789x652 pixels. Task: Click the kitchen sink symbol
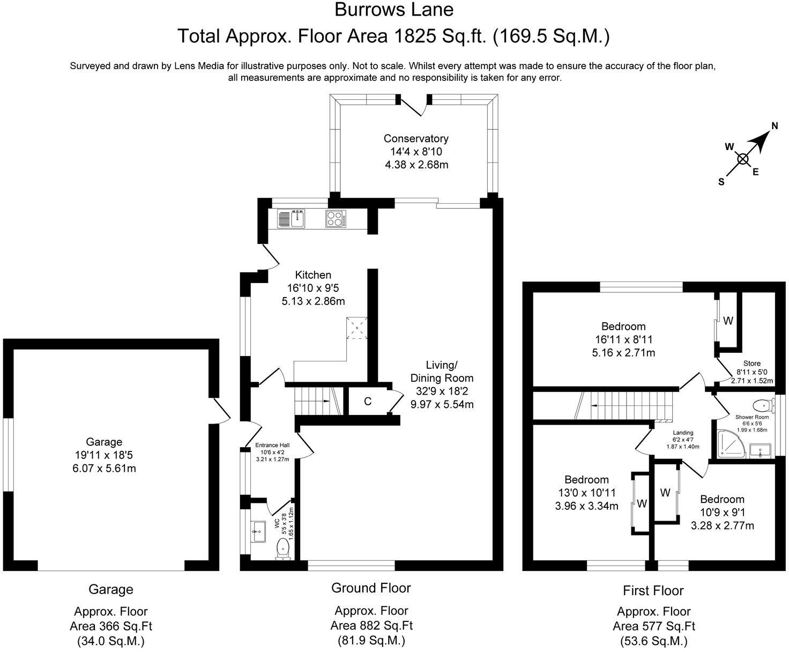coord(291,219)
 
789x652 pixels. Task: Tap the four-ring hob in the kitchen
coord(336,219)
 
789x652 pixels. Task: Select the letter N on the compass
coord(775,126)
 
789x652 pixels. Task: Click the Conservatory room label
coord(416,139)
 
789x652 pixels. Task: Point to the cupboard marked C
coord(367,401)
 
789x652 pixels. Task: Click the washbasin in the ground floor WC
coord(258,532)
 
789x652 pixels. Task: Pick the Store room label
coord(751,363)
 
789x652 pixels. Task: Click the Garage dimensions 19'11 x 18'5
coord(105,455)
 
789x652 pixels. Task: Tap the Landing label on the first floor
coord(683,432)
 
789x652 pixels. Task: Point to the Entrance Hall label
coord(272,445)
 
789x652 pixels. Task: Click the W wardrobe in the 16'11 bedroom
coord(728,321)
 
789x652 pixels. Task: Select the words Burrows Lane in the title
coord(394,10)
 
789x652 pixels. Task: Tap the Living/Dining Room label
coord(442,372)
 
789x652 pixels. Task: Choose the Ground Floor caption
coord(371,588)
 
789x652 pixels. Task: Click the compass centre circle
coord(742,159)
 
